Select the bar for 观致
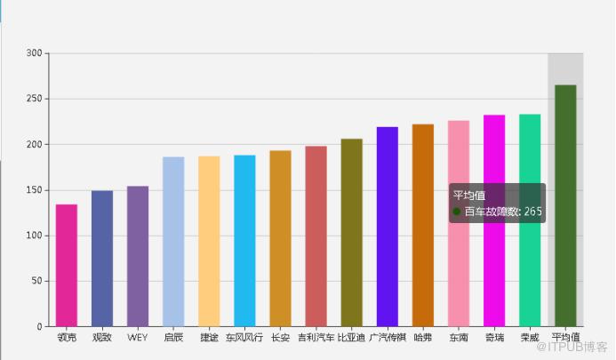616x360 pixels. (x=102, y=258)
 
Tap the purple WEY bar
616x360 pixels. (x=138, y=256)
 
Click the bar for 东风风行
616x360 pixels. (x=244, y=241)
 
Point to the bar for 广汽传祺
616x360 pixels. (x=388, y=227)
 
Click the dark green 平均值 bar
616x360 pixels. (x=565, y=205)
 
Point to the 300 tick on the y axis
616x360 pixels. (x=34, y=53)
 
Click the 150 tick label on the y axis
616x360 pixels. (x=34, y=190)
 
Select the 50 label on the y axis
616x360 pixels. (x=36, y=281)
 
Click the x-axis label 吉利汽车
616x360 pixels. (x=316, y=338)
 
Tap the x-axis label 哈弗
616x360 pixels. (x=423, y=338)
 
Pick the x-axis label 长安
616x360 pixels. (x=280, y=338)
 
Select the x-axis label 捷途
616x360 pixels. (x=209, y=338)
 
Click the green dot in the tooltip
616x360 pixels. (x=457, y=212)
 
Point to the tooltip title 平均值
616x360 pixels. (x=468, y=196)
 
